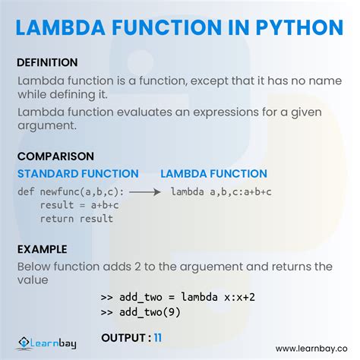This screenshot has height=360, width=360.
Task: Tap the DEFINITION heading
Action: tap(47, 62)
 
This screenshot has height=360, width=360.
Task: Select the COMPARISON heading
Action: tap(55, 156)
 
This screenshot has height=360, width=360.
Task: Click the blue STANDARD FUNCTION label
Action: tap(78, 174)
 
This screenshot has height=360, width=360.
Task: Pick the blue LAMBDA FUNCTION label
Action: tap(213, 174)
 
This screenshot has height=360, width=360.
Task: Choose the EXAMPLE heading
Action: tap(43, 249)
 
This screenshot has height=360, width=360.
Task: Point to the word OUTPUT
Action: tap(123, 336)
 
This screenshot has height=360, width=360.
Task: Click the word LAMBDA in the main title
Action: tap(64, 27)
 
